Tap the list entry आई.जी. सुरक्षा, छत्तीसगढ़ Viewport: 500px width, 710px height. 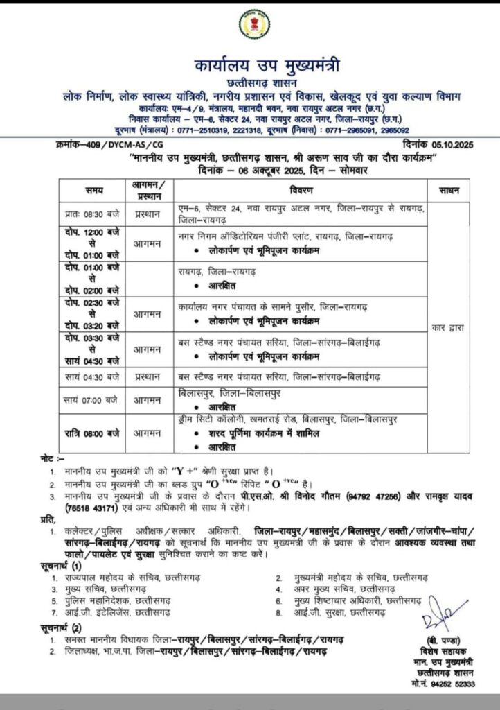coord(343,613)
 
